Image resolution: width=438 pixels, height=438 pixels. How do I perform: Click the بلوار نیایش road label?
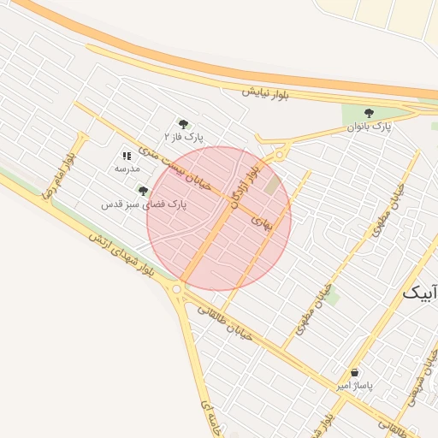click(264, 92)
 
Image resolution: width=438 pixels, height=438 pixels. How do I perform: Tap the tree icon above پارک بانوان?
click(369, 113)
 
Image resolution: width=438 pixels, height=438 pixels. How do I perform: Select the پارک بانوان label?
click(369, 127)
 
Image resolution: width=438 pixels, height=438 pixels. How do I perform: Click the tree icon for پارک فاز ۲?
click(183, 124)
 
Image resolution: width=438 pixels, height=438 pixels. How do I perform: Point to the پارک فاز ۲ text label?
click(185, 137)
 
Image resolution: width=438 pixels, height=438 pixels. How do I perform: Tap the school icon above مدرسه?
click(127, 156)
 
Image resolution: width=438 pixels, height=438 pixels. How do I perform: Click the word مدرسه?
click(127, 169)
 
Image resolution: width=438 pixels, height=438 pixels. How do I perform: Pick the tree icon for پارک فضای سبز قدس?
click(143, 191)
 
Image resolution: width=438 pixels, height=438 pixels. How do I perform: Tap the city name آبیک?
click(420, 292)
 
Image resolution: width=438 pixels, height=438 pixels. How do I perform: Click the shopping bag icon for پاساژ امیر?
click(355, 373)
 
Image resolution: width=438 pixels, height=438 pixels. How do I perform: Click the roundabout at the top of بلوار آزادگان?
click(280, 154)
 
